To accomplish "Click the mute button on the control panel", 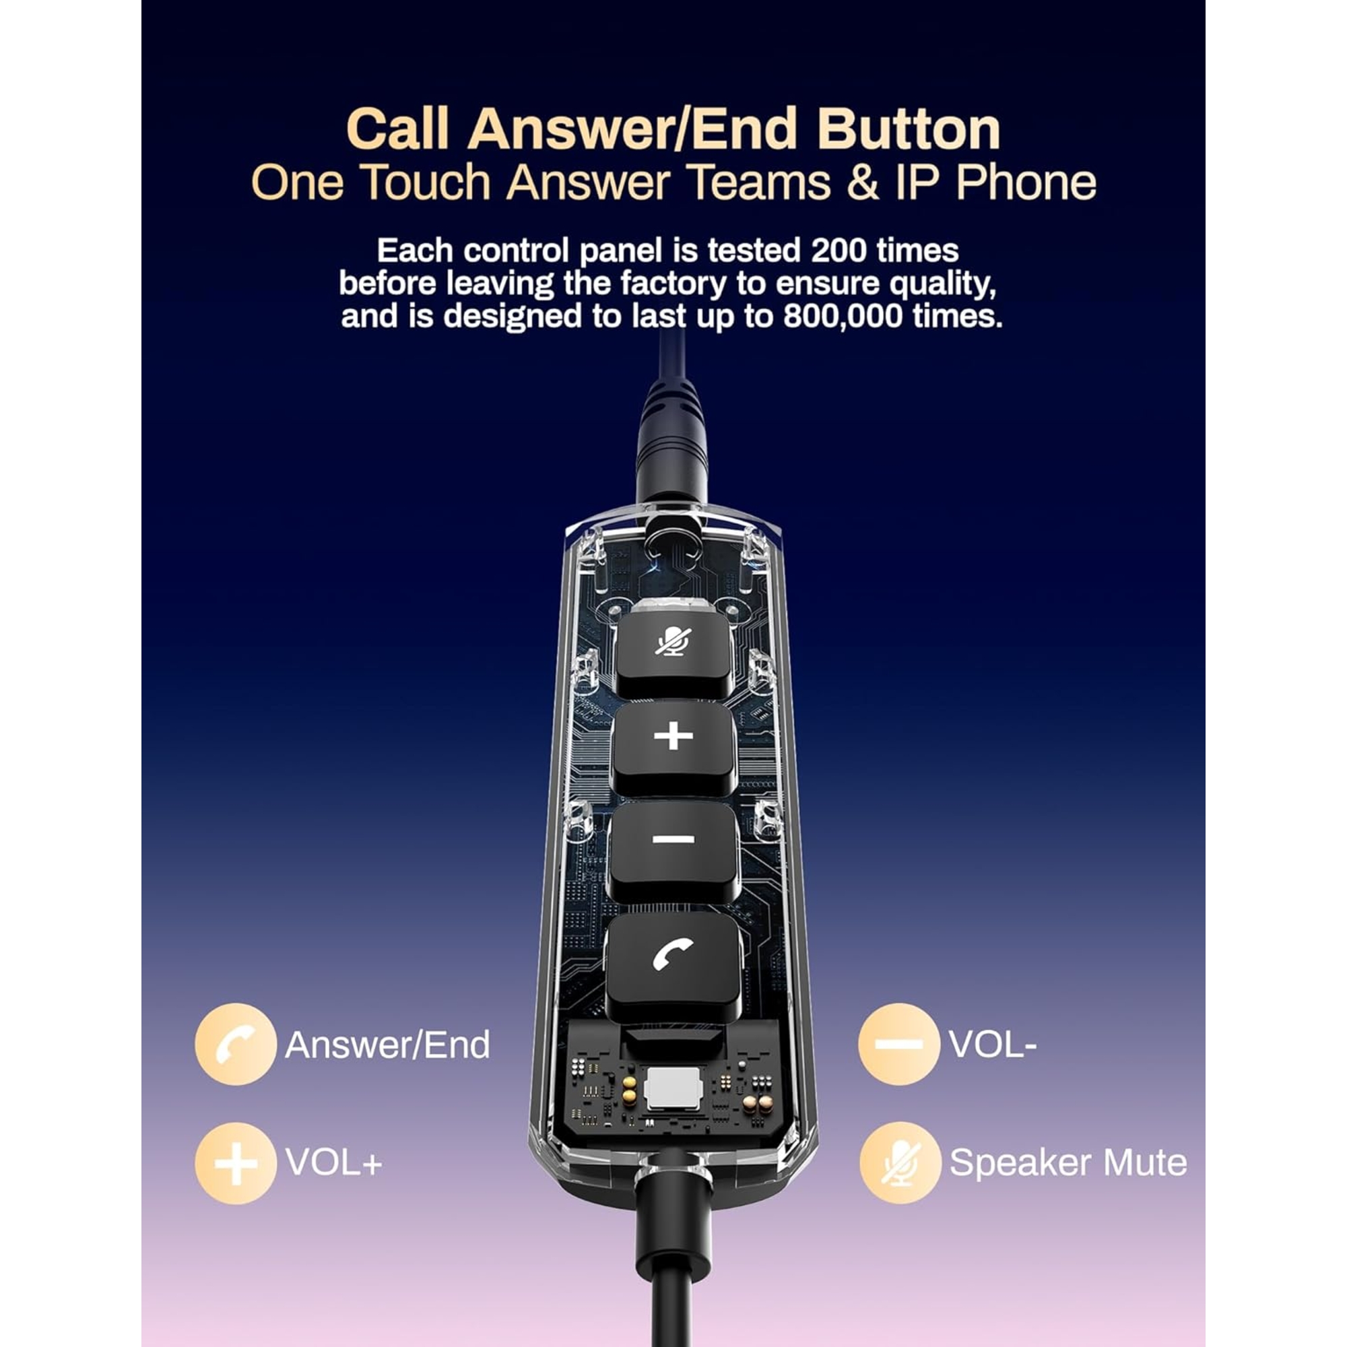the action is tap(673, 653).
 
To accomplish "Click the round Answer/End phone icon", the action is tap(236, 1045).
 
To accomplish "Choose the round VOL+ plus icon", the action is tap(236, 1164).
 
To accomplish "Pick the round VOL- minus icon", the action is tap(899, 1045).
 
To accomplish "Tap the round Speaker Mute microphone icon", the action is tap(899, 1163).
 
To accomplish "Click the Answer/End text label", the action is tap(388, 1045).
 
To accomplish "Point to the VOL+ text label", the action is tap(334, 1163).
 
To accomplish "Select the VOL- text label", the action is tap(993, 1045).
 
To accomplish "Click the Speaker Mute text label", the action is tap(1068, 1163).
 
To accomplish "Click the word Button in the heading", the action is tap(909, 129).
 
